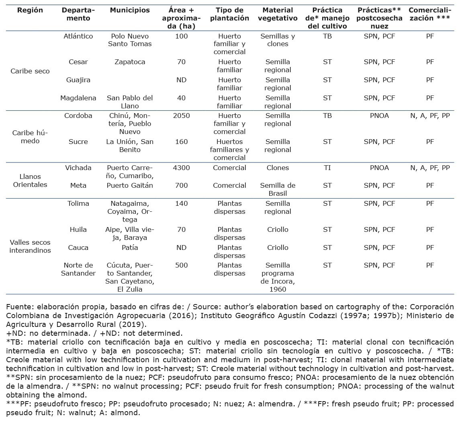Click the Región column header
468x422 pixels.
click(30, 10)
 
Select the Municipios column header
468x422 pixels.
click(130, 10)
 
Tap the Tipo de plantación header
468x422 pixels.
click(229, 14)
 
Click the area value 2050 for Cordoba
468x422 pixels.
click(181, 116)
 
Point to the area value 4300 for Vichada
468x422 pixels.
click(181, 168)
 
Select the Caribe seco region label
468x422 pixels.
click(30, 71)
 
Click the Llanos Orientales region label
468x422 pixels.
click(30, 181)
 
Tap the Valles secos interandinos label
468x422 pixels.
click(30, 246)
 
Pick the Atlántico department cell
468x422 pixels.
click(78, 36)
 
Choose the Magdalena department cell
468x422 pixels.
click(78, 98)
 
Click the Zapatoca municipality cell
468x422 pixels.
click(130, 62)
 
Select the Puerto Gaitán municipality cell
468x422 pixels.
click(130, 185)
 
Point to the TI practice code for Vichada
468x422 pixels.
click(327, 168)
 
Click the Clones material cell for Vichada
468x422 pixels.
click(278, 168)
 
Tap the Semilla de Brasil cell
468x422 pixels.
click(278, 189)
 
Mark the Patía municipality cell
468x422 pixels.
click(130, 248)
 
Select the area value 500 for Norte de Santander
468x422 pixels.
click(181, 265)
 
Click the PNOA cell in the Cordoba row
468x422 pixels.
click(379, 116)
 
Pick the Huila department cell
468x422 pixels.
click(78, 229)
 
